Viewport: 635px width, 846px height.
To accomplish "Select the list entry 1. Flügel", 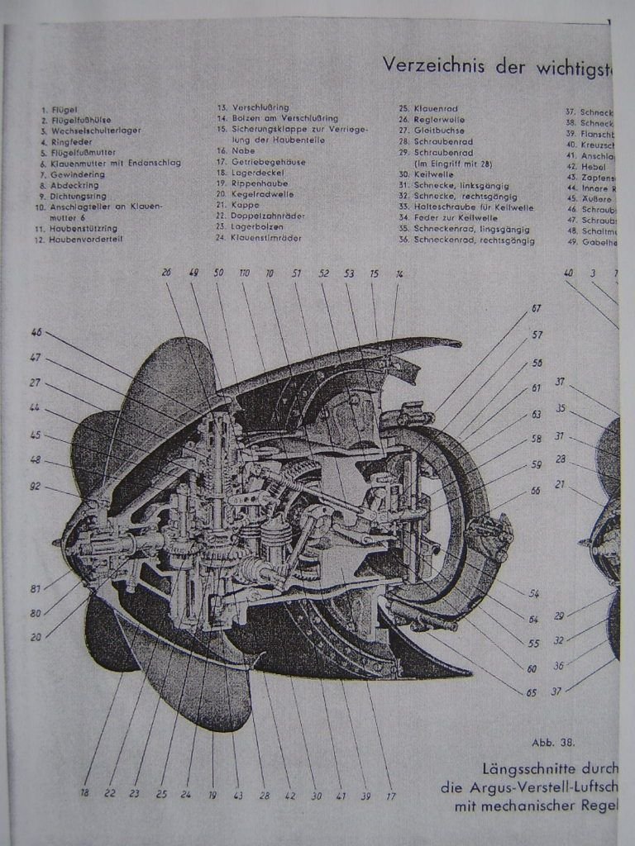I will (56, 109).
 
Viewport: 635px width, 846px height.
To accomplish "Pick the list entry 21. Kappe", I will (236, 205).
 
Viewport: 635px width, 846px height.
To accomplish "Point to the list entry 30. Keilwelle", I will (431, 174).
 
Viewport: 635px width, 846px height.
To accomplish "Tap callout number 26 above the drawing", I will (166, 272).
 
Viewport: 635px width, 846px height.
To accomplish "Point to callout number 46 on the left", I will (36, 332).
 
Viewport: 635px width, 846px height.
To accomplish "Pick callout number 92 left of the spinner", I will (36, 486).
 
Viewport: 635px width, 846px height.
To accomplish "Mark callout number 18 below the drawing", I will (84, 793).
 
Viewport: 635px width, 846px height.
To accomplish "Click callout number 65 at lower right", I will (532, 692).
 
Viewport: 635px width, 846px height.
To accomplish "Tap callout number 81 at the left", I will (36, 589).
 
